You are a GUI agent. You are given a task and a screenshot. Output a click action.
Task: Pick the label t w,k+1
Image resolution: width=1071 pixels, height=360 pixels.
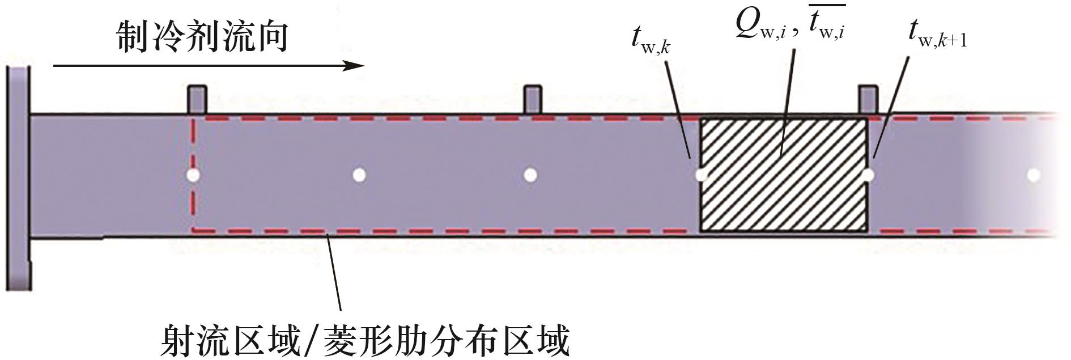[x=938, y=35]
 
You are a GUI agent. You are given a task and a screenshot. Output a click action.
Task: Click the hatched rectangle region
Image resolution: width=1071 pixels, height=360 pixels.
[x=784, y=175]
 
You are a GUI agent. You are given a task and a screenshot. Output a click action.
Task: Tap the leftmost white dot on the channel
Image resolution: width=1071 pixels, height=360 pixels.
[x=193, y=175]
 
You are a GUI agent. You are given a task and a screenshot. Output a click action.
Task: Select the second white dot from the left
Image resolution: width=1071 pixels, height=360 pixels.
[x=359, y=175]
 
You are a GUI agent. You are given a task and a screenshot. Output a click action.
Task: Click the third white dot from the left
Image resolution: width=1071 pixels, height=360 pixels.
[x=530, y=175]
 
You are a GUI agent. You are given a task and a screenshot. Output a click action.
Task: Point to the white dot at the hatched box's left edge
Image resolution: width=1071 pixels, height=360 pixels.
[x=701, y=175]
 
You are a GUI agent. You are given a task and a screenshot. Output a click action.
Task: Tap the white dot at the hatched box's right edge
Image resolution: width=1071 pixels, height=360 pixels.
[x=868, y=175]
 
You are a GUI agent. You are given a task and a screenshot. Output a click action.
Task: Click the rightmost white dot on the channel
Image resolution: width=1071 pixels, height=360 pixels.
[x=1034, y=175]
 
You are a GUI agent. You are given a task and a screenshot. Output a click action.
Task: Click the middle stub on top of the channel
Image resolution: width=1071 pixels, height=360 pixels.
[x=533, y=100]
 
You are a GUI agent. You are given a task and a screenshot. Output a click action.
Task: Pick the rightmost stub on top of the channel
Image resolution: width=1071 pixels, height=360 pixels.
[x=868, y=100]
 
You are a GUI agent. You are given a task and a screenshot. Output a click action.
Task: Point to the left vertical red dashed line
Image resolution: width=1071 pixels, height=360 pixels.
[x=194, y=175]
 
